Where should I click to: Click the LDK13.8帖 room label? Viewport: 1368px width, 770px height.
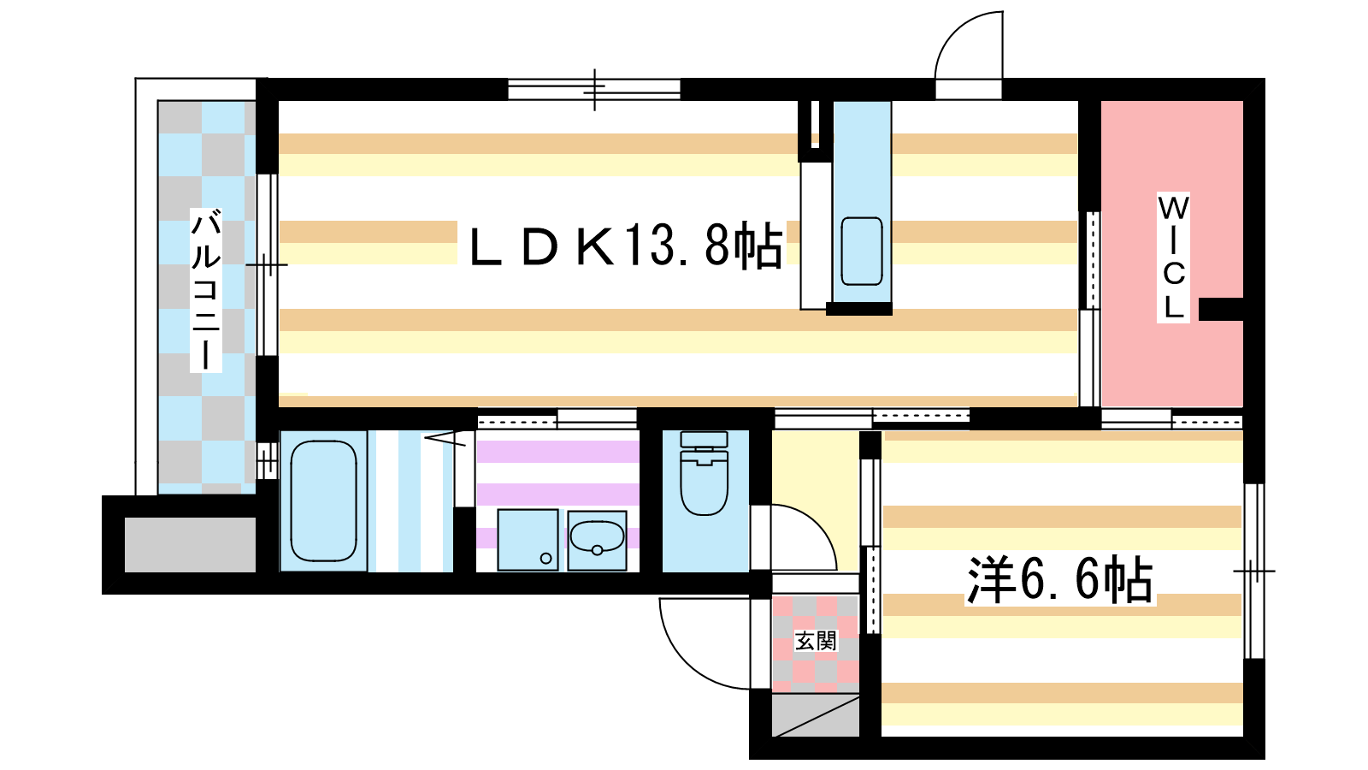click(x=625, y=246)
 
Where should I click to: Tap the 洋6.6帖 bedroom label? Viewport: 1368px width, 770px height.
click(x=1060, y=579)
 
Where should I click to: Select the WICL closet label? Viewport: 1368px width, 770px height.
click(x=1173, y=258)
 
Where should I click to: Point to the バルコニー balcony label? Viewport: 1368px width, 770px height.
click(x=206, y=290)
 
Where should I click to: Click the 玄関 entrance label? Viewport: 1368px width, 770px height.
click(x=816, y=641)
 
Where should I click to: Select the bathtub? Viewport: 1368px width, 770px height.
click(x=323, y=500)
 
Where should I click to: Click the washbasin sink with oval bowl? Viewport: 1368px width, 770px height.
click(x=598, y=540)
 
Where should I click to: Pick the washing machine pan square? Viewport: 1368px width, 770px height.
click(x=528, y=540)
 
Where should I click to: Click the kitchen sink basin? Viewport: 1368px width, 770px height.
click(x=862, y=252)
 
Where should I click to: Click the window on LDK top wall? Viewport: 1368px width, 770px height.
click(x=594, y=90)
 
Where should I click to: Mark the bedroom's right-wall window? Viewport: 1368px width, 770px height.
click(x=1253, y=571)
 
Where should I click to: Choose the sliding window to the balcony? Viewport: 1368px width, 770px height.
click(x=267, y=264)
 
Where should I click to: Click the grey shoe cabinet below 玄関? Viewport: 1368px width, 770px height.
click(x=816, y=715)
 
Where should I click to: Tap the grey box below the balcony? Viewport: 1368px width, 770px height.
click(x=190, y=544)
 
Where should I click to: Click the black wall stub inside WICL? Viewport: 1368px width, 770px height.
click(x=1221, y=309)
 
